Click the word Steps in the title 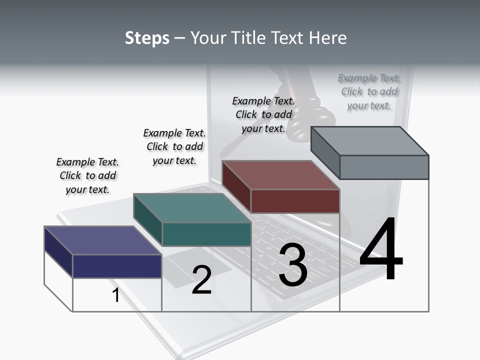click(x=147, y=38)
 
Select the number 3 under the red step click(x=293, y=265)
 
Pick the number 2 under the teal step click(x=201, y=280)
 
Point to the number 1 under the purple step click(x=116, y=295)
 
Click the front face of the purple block click(x=117, y=266)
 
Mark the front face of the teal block click(x=206, y=234)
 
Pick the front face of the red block click(x=295, y=201)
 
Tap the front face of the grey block click(x=384, y=167)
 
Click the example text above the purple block click(x=87, y=175)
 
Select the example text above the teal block click(x=174, y=146)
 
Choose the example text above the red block click(x=263, y=114)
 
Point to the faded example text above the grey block click(x=369, y=91)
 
